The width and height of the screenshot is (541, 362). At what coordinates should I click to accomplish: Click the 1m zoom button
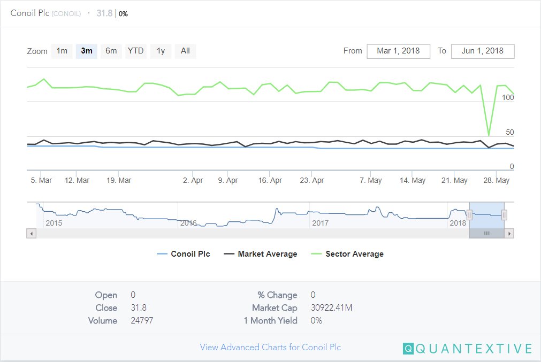[62, 51]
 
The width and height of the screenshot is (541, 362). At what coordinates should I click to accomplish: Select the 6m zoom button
[111, 51]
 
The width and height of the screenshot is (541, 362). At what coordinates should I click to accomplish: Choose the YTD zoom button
[135, 51]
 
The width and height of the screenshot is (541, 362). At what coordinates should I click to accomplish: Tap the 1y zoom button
[161, 51]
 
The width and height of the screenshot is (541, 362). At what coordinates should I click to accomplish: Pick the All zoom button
[185, 51]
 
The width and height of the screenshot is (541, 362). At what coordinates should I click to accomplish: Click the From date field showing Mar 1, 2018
[398, 51]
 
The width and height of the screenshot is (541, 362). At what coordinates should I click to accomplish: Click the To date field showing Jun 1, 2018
[483, 51]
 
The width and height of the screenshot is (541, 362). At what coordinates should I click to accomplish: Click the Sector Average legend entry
[354, 254]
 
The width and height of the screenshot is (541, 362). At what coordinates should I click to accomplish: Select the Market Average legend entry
[267, 254]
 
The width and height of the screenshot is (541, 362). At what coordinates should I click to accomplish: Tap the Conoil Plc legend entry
[190, 254]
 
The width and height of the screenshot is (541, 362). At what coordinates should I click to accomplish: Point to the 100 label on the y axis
[508, 98]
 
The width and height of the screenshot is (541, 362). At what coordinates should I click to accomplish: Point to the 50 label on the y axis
[509, 133]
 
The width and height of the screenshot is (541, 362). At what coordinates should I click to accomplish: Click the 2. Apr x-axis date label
[193, 181]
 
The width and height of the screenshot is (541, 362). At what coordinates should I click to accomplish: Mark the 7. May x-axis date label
[371, 181]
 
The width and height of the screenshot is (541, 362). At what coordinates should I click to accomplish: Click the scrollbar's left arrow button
[31, 234]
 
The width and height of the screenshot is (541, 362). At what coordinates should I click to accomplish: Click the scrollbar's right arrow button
[509, 234]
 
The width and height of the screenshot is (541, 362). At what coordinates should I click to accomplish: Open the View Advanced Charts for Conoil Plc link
[270, 348]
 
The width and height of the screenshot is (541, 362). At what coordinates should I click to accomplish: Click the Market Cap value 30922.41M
[331, 308]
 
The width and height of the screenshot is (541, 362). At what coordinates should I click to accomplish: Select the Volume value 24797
[142, 321]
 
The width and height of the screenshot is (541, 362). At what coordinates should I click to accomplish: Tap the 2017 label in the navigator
[321, 223]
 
